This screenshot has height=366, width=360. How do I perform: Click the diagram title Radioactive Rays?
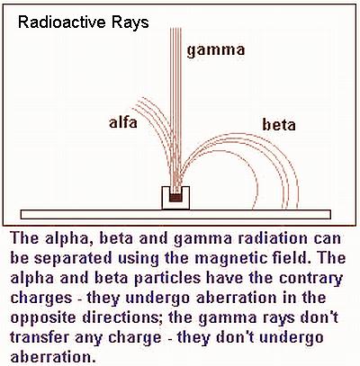(x=84, y=23)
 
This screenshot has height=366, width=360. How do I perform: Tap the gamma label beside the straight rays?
(x=216, y=50)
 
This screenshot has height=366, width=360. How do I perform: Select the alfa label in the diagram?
(x=123, y=122)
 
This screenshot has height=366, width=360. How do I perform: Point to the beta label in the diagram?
(x=279, y=124)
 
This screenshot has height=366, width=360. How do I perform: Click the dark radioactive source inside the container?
(x=175, y=198)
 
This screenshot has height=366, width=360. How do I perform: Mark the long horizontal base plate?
(x=175, y=214)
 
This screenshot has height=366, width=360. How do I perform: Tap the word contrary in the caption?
(x=310, y=279)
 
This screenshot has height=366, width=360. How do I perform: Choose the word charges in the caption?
(x=41, y=299)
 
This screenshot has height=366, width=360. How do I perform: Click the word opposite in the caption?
(x=44, y=318)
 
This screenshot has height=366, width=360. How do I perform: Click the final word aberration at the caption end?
(x=50, y=357)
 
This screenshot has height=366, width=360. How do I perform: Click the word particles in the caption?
(x=167, y=279)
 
